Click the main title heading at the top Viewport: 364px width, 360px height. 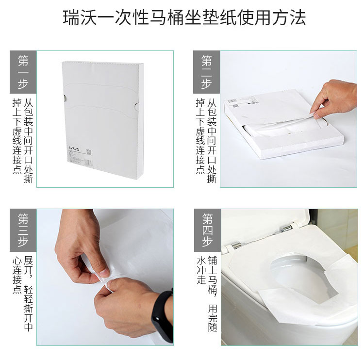(x=184, y=17)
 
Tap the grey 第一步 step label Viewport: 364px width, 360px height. (x=23, y=72)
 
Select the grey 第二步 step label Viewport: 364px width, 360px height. (x=207, y=72)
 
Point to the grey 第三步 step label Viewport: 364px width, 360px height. (x=23, y=230)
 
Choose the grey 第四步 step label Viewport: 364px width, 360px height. (x=208, y=230)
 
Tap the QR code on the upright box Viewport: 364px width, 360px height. (x=89, y=152)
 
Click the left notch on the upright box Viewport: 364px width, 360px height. (x=64, y=98)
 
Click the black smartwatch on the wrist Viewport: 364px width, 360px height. (x=163, y=316)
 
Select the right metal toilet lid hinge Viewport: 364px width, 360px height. (x=287, y=228)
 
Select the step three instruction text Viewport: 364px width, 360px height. (x=23, y=294)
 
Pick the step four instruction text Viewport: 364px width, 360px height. (x=207, y=294)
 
